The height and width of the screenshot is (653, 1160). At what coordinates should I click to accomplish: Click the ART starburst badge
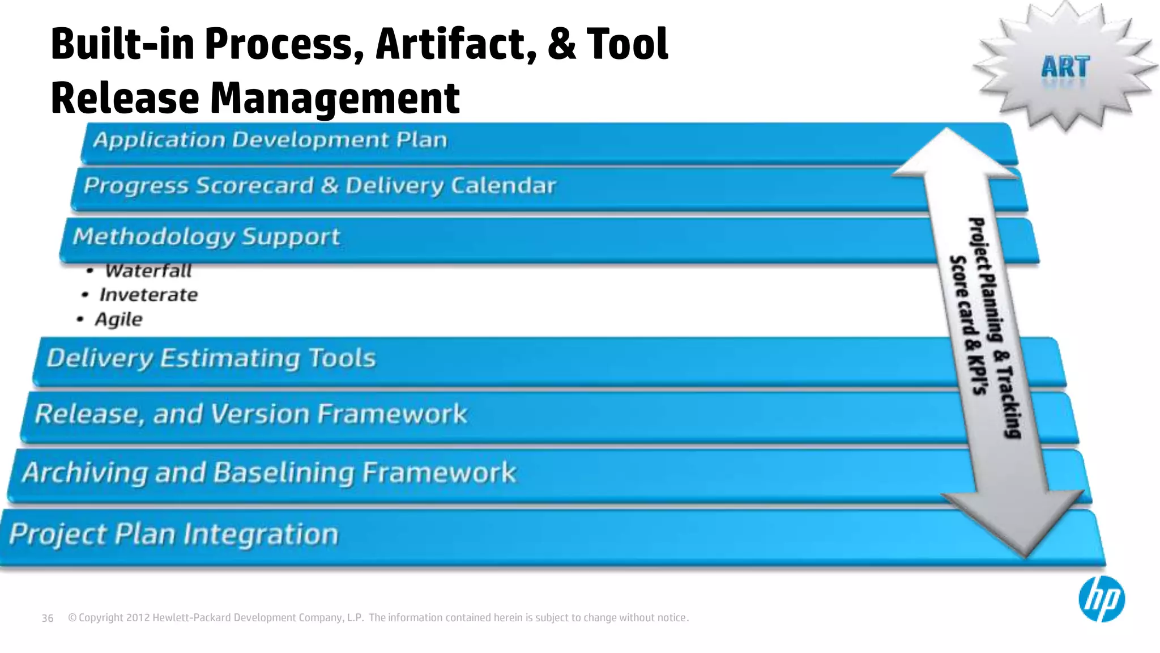pyautogui.click(x=1065, y=67)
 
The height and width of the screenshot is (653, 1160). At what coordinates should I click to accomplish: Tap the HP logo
pyautogui.click(x=1102, y=599)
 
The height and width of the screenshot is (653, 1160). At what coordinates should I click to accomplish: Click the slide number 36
pyautogui.click(x=48, y=618)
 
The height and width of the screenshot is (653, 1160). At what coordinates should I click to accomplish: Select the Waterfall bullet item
pyautogui.click(x=148, y=271)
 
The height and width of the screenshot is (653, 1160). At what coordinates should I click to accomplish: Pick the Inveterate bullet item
pyautogui.click(x=148, y=295)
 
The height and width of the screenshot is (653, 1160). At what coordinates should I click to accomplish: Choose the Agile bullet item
pyautogui.click(x=118, y=319)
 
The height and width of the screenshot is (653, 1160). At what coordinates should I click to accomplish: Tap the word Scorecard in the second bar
pyautogui.click(x=254, y=185)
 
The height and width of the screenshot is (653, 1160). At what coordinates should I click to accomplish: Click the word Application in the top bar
pyautogui.click(x=159, y=139)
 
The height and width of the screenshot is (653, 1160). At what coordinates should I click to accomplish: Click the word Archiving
pyautogui.click(x=85, y=472)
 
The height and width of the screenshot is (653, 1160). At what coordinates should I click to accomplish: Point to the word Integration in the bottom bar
pyautogui.click(x=261, y=534)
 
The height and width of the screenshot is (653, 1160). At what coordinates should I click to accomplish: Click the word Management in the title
pyautogui.click(x=335, y=97)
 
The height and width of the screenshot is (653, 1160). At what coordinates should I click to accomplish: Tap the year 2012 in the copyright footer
pyautogui.click(x=138, y=618)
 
